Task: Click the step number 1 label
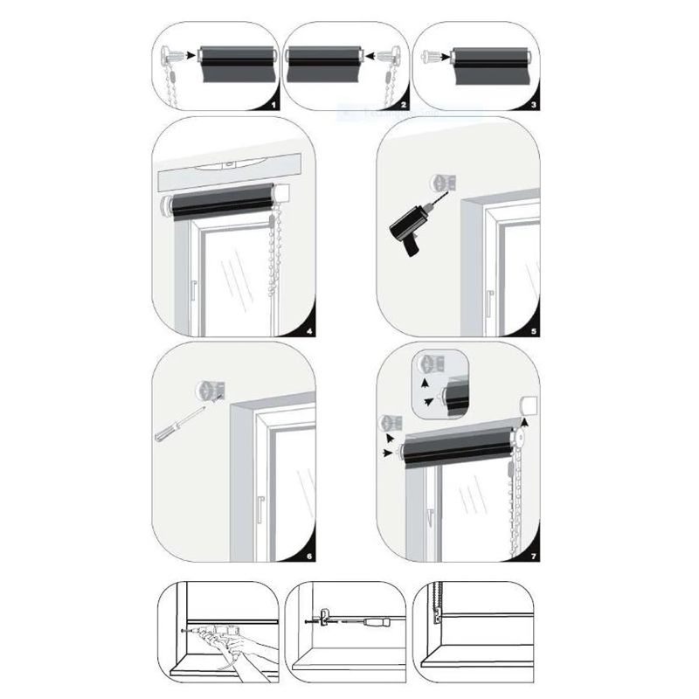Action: (x=272, y=104)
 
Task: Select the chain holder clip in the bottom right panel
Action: (x=438, y=621)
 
